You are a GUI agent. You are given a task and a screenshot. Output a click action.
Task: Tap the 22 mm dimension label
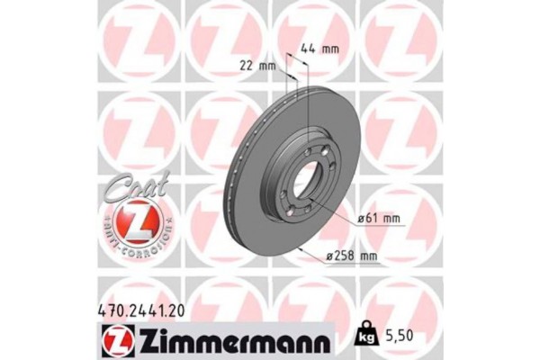[x=260, y=65]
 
